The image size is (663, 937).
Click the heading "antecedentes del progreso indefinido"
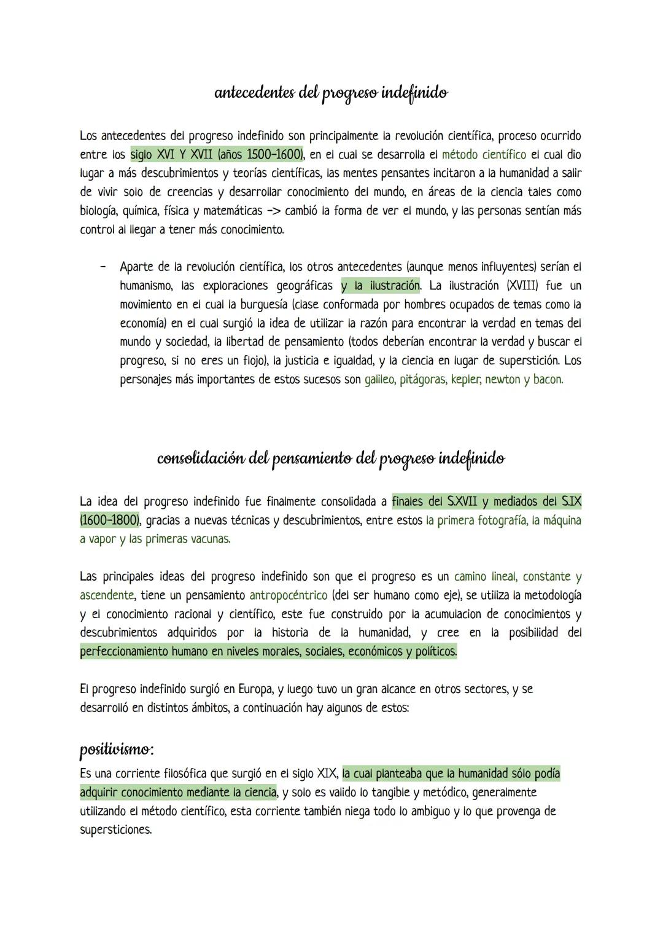[x=331, y=93]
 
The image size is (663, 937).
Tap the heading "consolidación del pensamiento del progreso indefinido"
[x=331, y=459]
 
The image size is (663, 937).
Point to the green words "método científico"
[x=484, y=154]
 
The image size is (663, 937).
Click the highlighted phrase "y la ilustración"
[x=381, y=286]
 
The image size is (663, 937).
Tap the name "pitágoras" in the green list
[x=422, y=379]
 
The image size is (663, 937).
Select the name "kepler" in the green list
[x=465, y=379]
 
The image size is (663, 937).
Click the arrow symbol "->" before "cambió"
[x=272, y=211]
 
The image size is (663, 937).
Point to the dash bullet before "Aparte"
[x=103, y=267]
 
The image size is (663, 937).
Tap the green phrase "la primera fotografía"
[x=476, y=520]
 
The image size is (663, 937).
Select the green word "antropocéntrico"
[x=289, y=595]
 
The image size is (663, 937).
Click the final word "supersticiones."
[x=116, y=830]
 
